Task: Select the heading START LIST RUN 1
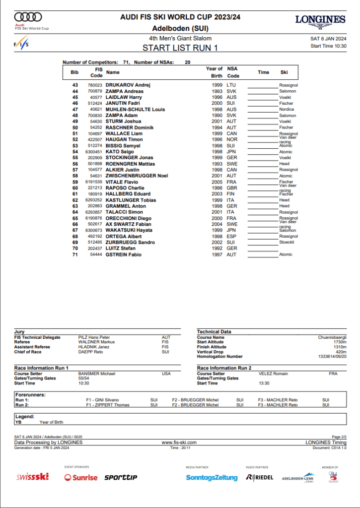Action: pyautogui.click(x=180, y=48)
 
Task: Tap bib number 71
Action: pyautogui.click(x=75, y=254)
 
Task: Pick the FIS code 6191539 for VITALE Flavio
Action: pyautogui.click(x=94, y=182)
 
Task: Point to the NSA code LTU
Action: pyautogui.click(x=232, y=85)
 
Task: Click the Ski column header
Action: pyautogui.click(x=284, y=72)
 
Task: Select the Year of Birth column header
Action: pyautogui.click(x=214, y=72)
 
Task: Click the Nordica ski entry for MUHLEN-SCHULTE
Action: pyautogui.click(x=287, y=110)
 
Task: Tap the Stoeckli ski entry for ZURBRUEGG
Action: pyautogui.click(x=287, y=243)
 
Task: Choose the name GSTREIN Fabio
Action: pyautogui.click(x=124, y=254)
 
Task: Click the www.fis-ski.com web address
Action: pyautogui.click(x=179, y=442)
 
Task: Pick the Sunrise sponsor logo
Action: pyautogui.click(x=81, y=477)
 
